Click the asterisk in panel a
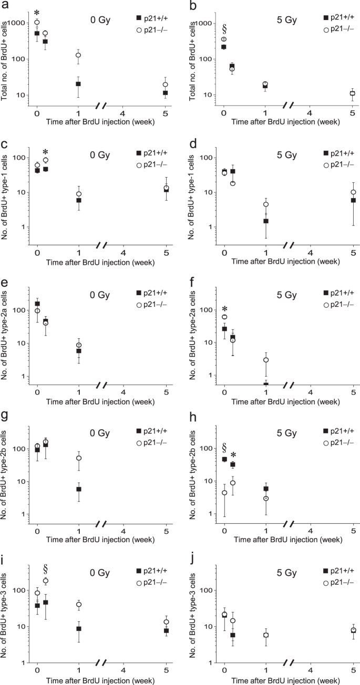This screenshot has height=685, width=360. (x=37, y=13)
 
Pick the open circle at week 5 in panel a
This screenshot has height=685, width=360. (x=166, y=84)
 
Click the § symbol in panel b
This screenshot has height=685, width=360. (x=224, y=28)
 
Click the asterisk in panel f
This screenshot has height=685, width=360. (x=224, y=309)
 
